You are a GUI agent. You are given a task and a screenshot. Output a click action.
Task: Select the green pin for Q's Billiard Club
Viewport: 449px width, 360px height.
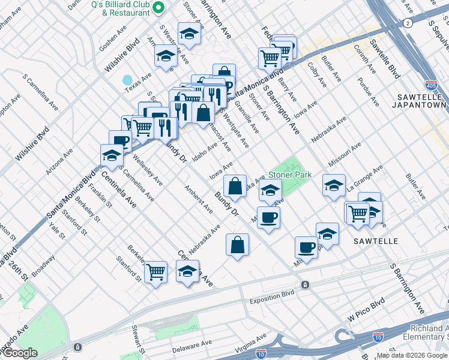tap(158, 7)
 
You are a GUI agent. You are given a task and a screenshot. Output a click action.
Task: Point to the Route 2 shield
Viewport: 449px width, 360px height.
tap(408, 23)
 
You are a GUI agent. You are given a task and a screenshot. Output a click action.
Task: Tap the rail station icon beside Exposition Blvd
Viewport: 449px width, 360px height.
tap(305, 284)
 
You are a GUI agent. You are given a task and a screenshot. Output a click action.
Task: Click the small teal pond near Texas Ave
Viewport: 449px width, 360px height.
tap(127, 80)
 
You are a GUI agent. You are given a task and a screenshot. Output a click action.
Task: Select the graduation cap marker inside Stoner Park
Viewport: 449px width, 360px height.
tap(270, 191)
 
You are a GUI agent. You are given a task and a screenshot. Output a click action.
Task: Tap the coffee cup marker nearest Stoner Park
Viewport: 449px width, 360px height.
tap(268, 217)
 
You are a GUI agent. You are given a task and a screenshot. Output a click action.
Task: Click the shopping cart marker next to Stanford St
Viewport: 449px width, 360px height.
tap(155, 272)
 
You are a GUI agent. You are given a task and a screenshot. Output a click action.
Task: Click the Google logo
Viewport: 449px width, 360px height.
tap(20, 353)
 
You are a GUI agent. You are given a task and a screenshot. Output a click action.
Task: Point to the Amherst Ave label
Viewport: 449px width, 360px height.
tap(199, 200)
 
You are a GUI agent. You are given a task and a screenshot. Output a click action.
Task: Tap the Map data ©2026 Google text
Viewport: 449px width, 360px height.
tap(412, 355)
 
